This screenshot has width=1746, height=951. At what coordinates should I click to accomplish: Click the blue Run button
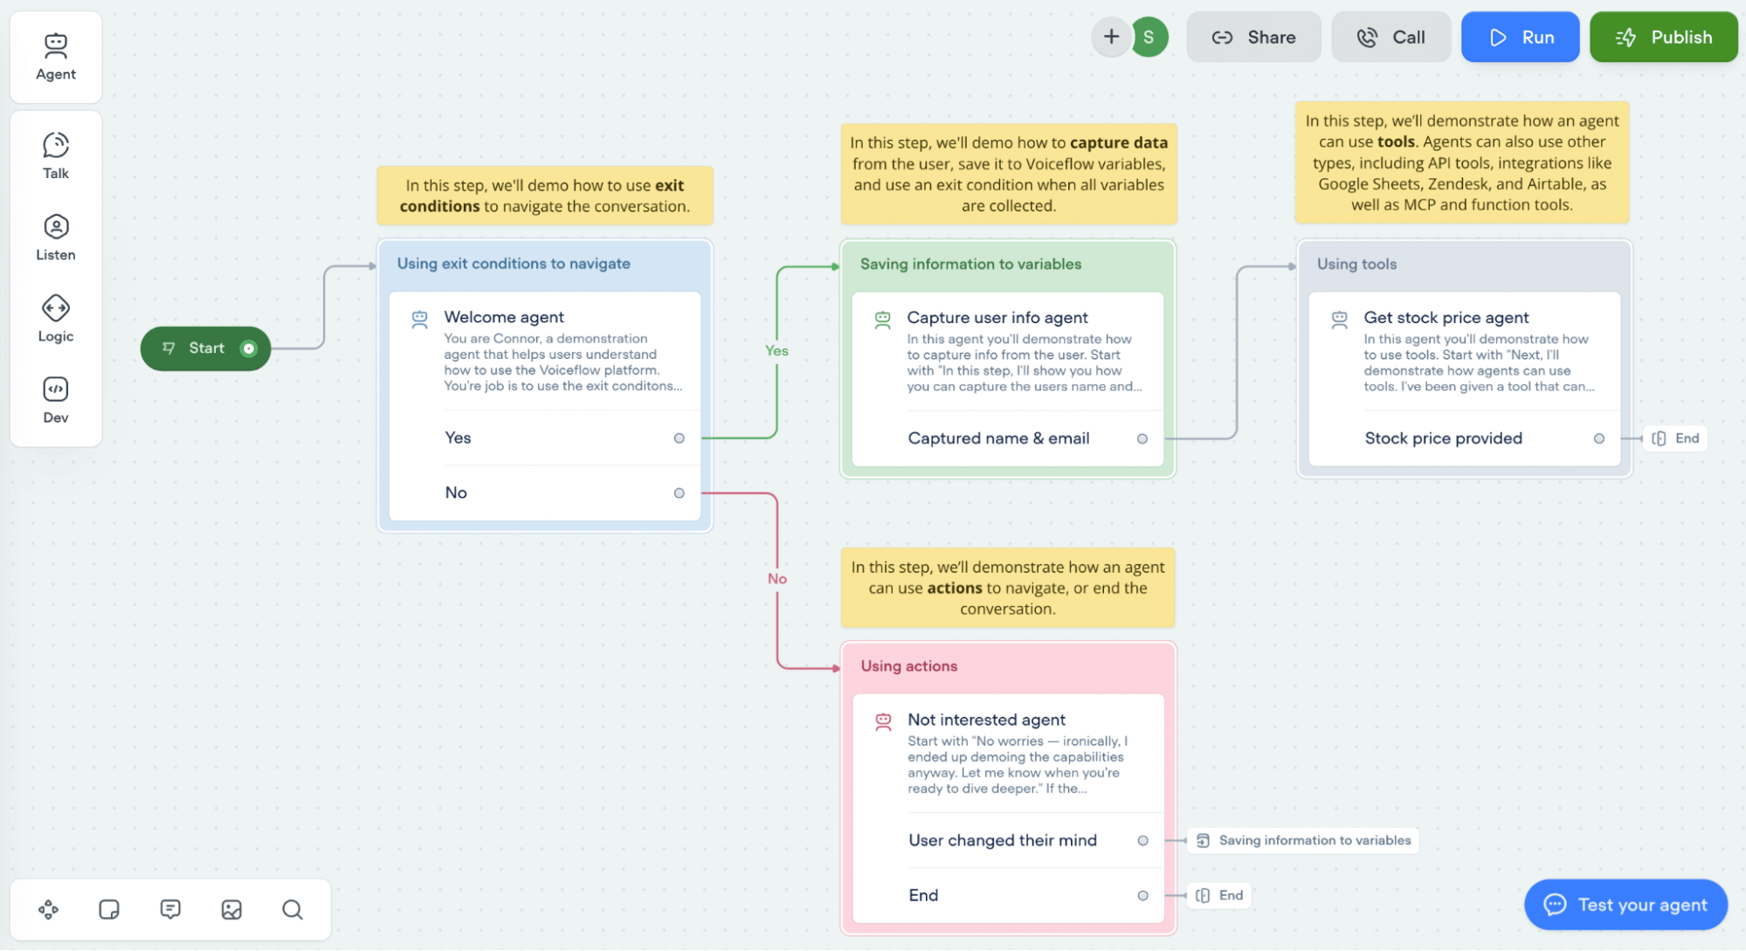(x=1520, y=38)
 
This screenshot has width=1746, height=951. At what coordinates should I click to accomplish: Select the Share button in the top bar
(x=1253, y=38)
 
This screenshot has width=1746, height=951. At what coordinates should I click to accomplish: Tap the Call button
(x=1391, y=38)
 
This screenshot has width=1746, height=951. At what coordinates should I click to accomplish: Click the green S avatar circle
(x=1149, y=38)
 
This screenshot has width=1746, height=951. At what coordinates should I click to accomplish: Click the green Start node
(x=206, y=348)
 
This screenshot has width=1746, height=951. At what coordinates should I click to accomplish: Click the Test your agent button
(x=1625, y=905)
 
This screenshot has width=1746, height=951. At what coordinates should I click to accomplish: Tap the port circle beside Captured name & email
(x=1142, y=439)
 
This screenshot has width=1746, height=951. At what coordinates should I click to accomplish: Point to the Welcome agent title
(x=504, y=317)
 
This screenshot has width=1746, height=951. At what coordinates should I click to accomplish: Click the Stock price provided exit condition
(x=1443, y=438)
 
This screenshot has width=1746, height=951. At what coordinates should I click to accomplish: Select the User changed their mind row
(x=1003, y=840)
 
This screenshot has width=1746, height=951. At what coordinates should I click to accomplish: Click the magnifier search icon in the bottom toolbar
(x=293, y=910)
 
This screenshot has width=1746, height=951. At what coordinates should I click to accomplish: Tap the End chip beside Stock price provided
(x=1676, y=438)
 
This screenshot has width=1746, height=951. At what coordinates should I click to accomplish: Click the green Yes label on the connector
(x=776, y=350)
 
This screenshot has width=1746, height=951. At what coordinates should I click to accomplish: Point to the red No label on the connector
(x=777, y=579)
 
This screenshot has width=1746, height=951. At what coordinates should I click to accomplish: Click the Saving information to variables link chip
(x=1304, y=840)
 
